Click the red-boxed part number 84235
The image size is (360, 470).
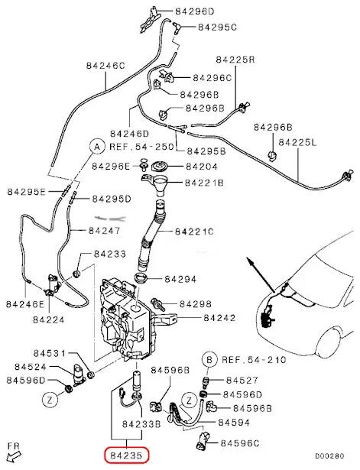pyautogui.click(x=126, y=455)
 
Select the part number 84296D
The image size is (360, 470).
pyautogui.click(x=195, y=11)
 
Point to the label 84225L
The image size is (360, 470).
pyautogui.click(x=299, y=142)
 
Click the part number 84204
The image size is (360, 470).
pyautogui.click(x=203, y=166)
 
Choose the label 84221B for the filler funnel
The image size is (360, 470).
pyautogui.click(x=203, y=183)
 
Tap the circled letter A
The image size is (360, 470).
pyautogui.click(x=97, y=145)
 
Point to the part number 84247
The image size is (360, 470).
pyautogui.click(x=105, y=229)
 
